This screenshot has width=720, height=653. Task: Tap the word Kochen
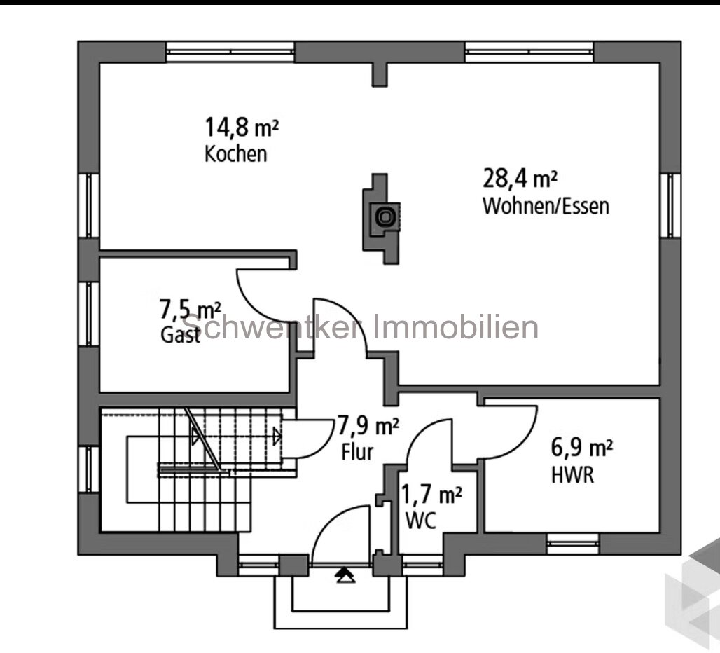tap(235, 154)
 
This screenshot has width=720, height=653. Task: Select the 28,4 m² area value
tap(520, 179)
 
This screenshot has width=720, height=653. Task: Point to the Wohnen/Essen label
tap(546, 207)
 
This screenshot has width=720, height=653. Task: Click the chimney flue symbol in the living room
tap(384, 216)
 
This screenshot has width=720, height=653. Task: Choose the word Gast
tap(181, 335)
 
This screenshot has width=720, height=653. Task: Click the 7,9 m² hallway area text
tap(368, 425)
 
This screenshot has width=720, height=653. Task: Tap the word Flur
tap(357, 451)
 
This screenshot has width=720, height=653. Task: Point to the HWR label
tap(572, 476)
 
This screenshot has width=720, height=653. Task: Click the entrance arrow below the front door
tap(343, 575)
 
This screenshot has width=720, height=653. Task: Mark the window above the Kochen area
tap(230, 51)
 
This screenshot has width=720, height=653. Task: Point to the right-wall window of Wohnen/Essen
tap(670, 205)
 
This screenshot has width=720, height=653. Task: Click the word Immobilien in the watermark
tap(455, 327)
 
